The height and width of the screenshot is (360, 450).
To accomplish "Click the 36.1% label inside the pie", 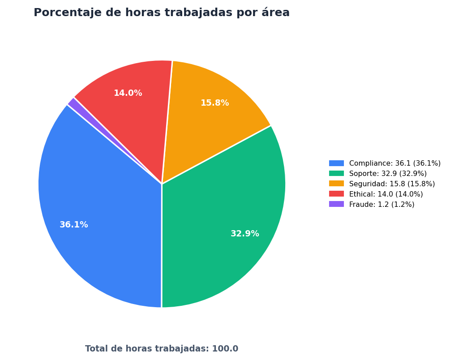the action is point(74,224).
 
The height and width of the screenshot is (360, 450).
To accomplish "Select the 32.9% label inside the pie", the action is point(245,234).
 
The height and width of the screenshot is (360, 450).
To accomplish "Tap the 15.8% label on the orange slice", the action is point(214,103).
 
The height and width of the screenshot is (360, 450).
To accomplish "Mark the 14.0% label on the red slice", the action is point(128,93).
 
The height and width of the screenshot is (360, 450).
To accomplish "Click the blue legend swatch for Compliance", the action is point(336,163).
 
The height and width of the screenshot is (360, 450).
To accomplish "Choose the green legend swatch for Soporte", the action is point(336,173).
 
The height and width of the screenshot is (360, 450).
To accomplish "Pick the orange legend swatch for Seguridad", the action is point(336,184).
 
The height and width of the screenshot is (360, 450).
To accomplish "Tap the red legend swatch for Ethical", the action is point(336,194).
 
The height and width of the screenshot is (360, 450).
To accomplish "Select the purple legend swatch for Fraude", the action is point(336,204).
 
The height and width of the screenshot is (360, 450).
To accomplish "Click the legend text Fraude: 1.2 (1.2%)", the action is point(381,204).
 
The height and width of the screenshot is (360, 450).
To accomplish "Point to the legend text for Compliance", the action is point(395,163).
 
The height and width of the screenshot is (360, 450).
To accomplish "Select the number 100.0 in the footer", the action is point(225,348).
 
